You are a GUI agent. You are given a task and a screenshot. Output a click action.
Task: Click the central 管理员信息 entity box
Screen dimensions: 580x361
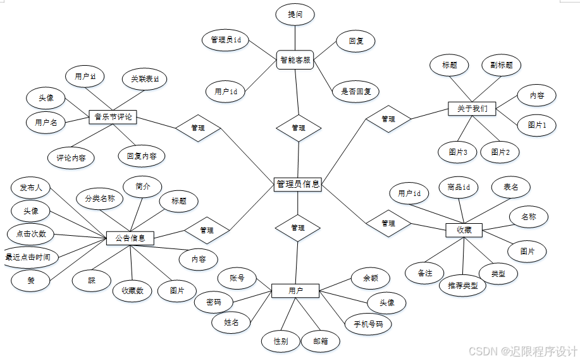point(298,184)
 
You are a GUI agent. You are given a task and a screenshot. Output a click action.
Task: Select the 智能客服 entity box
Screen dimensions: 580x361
point(295,61)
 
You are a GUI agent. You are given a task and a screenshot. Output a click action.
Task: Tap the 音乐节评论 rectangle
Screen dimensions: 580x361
point(114,116)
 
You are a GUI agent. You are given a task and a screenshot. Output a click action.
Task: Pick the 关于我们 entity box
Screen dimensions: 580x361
point(472,109)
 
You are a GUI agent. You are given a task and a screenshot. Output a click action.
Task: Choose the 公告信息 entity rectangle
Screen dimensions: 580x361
point(130,238)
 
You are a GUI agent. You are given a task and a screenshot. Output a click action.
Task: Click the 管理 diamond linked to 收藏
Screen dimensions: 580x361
point(388,223)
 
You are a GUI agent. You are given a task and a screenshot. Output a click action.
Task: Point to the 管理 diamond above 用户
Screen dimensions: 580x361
point(298,227)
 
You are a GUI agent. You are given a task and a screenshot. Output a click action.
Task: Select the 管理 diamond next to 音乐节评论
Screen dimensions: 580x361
point(198,128)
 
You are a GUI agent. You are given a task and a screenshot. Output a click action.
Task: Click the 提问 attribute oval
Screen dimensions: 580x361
point(295,15)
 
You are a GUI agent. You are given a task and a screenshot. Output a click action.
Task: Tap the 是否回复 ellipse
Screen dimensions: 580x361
point(355,91)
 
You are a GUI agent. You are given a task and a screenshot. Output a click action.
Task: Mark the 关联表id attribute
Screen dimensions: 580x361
point(145,79)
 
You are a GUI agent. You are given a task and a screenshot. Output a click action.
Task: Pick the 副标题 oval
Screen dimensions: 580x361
point(502,64)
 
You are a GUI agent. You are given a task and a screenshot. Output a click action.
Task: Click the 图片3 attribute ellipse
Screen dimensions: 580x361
point(457,152)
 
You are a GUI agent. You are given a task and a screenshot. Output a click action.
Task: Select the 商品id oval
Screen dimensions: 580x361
point(459,187)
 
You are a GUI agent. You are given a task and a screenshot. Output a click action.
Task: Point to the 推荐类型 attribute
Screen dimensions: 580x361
point(462,285)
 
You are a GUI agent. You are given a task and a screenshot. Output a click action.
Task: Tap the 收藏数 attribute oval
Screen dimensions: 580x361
point(132,291)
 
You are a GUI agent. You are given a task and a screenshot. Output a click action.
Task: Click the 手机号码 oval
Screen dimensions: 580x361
point(368,324)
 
